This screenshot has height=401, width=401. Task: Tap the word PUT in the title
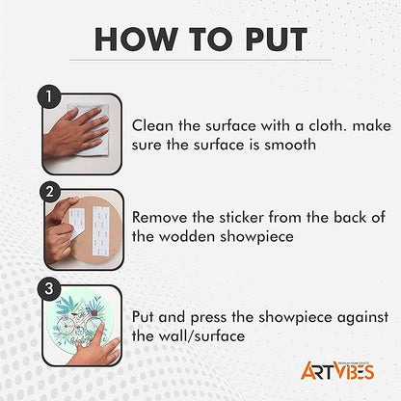click(277, 40)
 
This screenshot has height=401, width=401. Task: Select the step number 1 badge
click(49, 96)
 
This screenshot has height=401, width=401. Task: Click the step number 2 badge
click(50, 192)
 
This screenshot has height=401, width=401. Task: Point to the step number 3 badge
click(49, 288)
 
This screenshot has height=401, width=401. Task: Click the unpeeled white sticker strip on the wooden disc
click(100, 230)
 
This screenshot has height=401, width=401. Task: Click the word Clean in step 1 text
click(152, 125)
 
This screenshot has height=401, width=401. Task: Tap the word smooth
click(290, 145)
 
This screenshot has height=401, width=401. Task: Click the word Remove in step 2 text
click(160, 218)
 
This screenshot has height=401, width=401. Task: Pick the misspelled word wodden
click(187, 237)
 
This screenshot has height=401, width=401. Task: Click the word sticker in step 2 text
click(242, 218)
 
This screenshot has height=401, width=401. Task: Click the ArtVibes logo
click(337, 370)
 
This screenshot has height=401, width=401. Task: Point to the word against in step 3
click(362, 318)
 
